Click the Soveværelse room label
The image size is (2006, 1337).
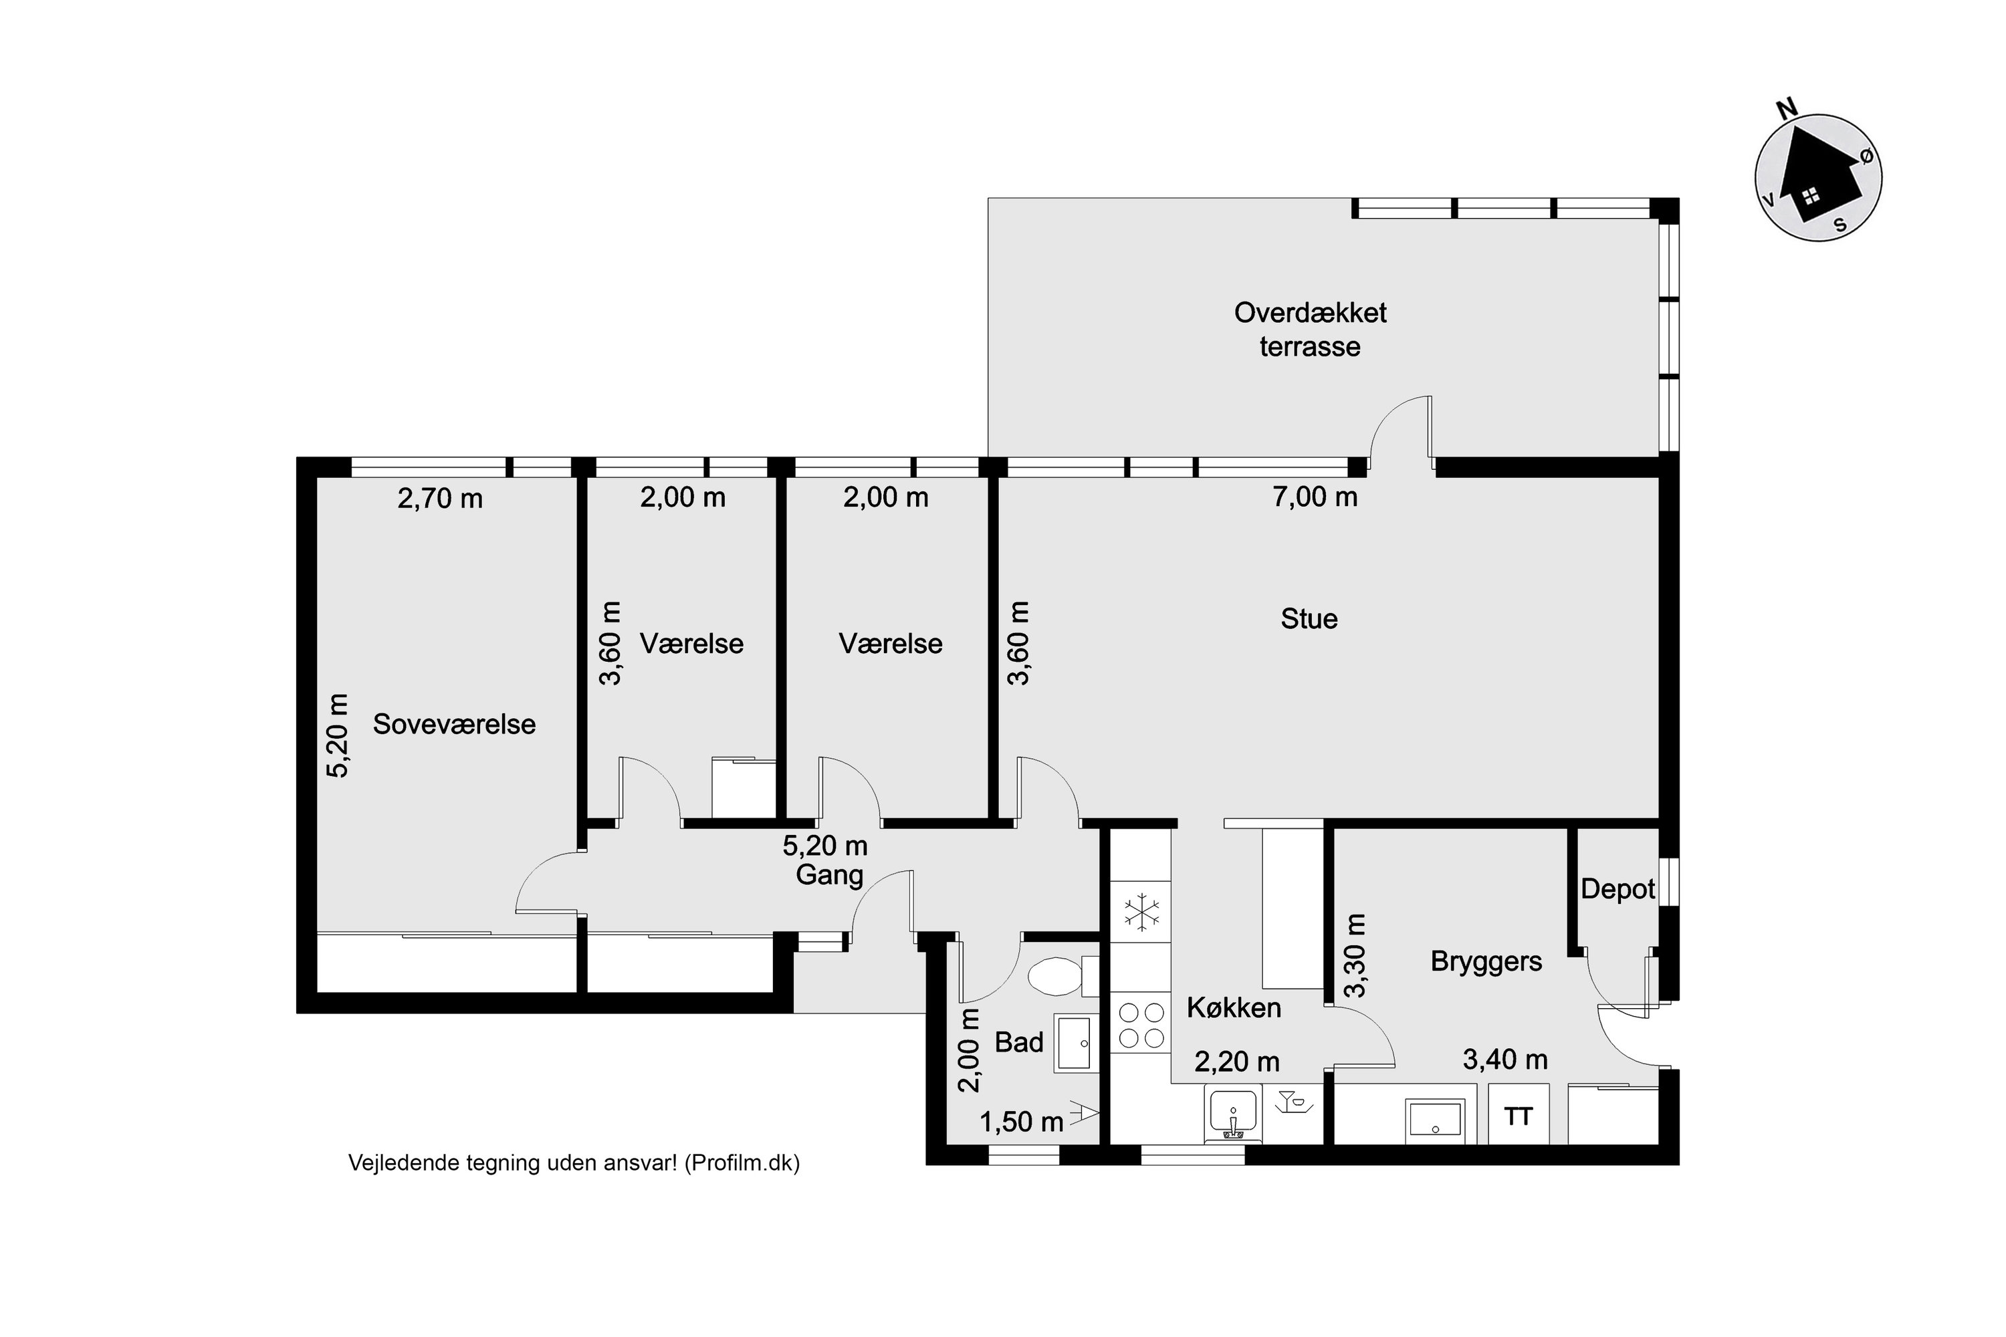tap(454, 725)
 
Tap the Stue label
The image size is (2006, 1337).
tap(1309, 619)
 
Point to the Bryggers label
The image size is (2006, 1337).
tap(1486, 962)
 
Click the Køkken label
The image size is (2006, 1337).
tap(1233, 1008)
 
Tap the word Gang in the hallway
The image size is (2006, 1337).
tap(829, 876)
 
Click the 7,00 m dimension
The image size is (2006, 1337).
tap(1315, 497)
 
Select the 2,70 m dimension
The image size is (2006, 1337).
tap(440, 499)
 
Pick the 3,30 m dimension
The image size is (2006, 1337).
tap(1355, 955)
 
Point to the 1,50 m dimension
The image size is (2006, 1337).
tap(1021, 1122)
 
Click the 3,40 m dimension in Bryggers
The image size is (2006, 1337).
tap(1505, 1060)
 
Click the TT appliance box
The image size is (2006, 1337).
tap(1518, 1114)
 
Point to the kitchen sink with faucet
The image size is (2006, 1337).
tap(1232, 1114)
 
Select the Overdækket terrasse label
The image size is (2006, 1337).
tap(1309, 330)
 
